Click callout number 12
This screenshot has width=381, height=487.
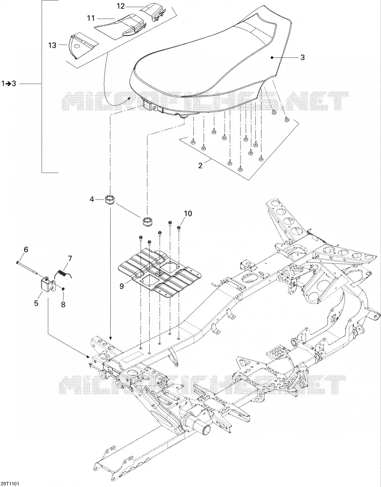[121, 6]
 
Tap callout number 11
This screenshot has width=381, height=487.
[91, 18]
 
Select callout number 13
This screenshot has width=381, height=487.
[52, 45]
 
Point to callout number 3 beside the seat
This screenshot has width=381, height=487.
[303, 57]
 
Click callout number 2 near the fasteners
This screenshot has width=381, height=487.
[200, 166]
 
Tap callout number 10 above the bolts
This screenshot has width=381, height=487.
[188, 213]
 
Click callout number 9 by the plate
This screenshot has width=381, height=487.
[122, 286]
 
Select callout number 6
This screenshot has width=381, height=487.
[26, 250]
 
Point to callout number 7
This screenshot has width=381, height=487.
[70, 258]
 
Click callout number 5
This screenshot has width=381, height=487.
[36, 303]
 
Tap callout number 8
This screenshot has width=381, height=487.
[63, 305]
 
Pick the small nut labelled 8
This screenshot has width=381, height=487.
[63, 289]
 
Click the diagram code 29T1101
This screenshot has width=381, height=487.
[10, 483]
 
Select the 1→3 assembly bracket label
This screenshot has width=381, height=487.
[9, 84]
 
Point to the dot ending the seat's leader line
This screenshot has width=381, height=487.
[272, 57]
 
